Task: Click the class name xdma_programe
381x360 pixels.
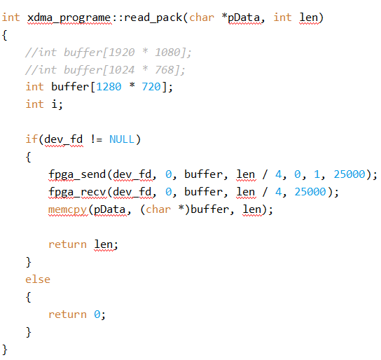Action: (69, 18)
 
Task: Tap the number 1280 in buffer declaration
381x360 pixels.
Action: (109, 87)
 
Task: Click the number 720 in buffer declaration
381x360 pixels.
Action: (151, 87)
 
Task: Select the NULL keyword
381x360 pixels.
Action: (122, 139)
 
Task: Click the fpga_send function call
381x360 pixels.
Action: (77, 175)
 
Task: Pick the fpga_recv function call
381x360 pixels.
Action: (77, 193)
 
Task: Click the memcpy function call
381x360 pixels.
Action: (67, 210)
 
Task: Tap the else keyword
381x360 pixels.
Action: (38, 279)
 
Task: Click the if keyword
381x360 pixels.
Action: (32, 139)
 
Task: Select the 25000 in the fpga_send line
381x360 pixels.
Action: (349, 174)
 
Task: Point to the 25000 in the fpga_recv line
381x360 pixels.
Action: (310, 192)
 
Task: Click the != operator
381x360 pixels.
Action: (96, 139)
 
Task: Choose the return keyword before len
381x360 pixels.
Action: (67, 244)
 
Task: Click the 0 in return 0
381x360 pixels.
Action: (97, 314)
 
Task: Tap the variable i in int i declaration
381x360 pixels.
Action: (54, 104)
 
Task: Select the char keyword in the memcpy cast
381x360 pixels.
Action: (158, 209)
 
